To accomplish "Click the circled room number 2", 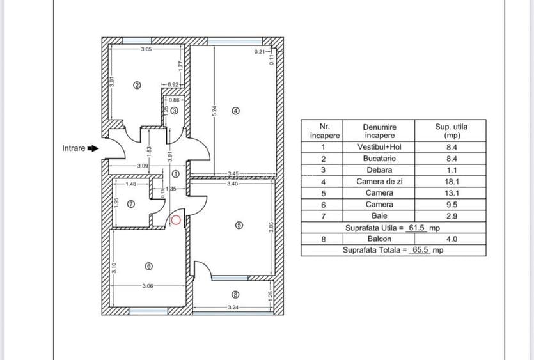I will (x=136, y=84).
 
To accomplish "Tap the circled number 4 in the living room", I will (x=235, y=110).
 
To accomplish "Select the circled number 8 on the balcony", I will (x=235, y=295).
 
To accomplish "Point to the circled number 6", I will (x=149, y=267).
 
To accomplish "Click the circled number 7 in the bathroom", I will (x=131, y=205).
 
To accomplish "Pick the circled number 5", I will (x=239, y=225).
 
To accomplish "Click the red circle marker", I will (x=176, y=220).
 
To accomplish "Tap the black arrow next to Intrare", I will (x=93, y=148).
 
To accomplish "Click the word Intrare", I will (x=73, y=148).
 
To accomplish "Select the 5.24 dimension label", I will (x=214, y=110).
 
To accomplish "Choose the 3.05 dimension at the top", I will (x=146, y=49).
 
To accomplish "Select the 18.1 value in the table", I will (x=451, y=182).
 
